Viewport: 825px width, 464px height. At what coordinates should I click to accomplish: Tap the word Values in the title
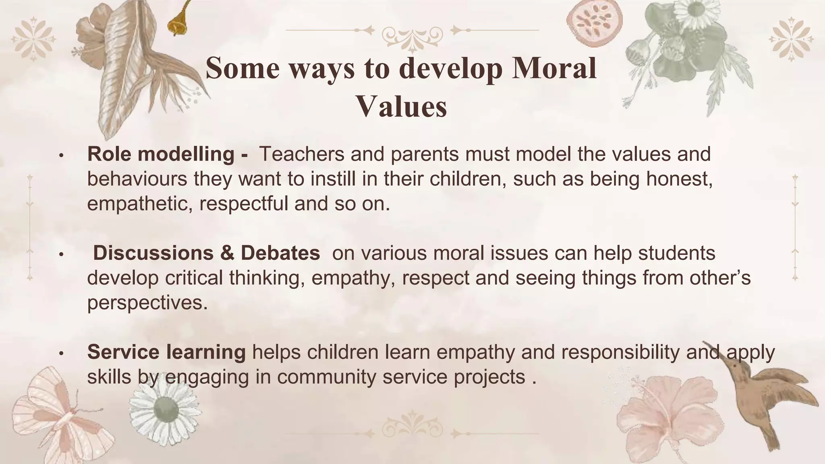pos(402,107)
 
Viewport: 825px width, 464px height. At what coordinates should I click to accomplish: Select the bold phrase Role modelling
pos(161,154)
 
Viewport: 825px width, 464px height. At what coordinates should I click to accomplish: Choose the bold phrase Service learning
pos(166,352)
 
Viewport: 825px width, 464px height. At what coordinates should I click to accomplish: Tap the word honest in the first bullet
pos(679,179)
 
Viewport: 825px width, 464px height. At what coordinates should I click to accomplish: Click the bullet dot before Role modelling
pos(61,155)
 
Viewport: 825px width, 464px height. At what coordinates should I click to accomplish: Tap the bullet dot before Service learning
pos(61,353)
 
